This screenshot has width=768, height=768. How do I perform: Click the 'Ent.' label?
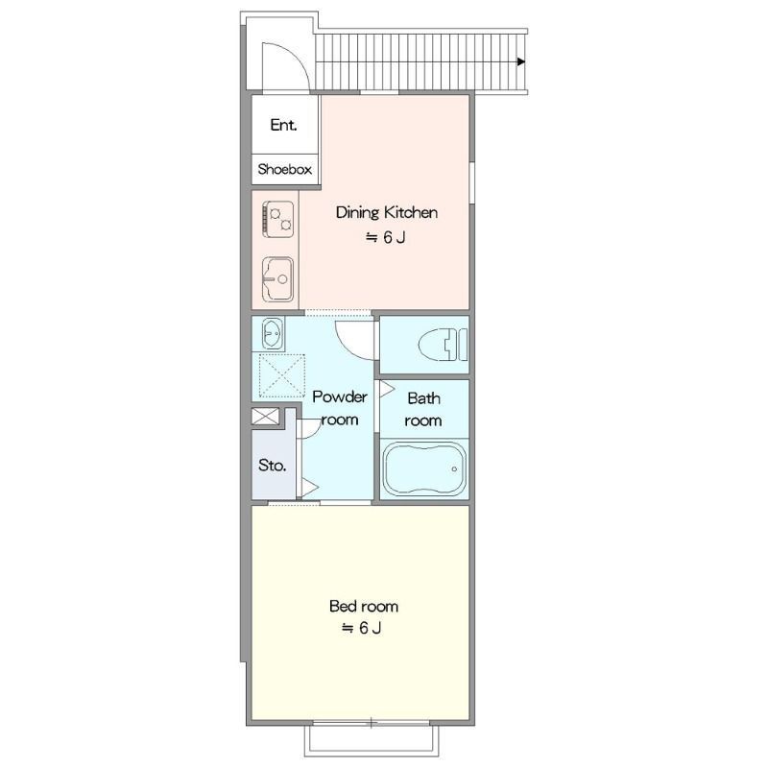tap(283, 125)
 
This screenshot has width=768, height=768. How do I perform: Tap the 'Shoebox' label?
tap(284, 170)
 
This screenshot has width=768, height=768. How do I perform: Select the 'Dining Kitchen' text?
tap(387, 212)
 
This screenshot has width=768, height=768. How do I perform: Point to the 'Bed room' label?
tap(364, 607)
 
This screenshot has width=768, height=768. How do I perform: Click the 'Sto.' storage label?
tap(273, 465)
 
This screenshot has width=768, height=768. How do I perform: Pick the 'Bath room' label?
tap(423, 409)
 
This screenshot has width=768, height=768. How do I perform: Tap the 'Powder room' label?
tap(340, 407)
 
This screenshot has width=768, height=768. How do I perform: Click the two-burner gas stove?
tap(278, 218)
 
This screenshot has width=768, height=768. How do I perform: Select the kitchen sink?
tap(277, 279)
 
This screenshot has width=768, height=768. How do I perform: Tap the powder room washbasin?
tap(272, 333)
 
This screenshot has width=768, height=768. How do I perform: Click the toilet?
tap(443, 345)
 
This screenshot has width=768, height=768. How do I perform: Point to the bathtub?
tap(423, 468)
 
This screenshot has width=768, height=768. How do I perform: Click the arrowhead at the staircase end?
tap(521, 61)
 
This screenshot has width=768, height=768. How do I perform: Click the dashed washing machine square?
tap(281, 375)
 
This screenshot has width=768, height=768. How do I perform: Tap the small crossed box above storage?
tap(265, 417)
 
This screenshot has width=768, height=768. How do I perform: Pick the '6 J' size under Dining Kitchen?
tap(386, 238)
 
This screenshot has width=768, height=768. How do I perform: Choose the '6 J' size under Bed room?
tap(362, 628)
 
